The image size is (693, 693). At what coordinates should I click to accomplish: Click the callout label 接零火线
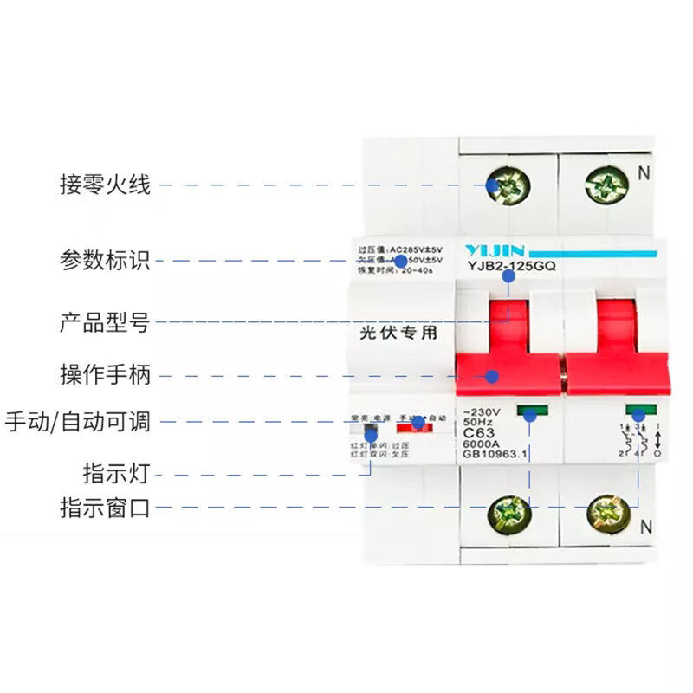(x=105, y=185)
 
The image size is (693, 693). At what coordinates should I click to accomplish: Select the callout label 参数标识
(x=105, y=259)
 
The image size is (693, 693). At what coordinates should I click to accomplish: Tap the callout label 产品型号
(x=105, y=323)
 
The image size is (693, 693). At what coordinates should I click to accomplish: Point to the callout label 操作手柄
(x=105, y=375)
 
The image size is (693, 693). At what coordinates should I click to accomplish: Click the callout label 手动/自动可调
(x=78, y=422)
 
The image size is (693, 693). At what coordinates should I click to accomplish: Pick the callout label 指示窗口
(x=105, y=508)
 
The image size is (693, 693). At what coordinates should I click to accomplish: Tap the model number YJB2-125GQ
(x=511, y=267)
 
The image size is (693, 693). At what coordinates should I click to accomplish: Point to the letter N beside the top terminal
(x=643, y=172)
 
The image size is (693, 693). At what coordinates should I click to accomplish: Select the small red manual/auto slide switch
(x=413, y=424)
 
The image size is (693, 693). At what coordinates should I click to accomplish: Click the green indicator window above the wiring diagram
(x=641, y=412)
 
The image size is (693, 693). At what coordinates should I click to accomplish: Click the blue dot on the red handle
(x=492, y=376)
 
